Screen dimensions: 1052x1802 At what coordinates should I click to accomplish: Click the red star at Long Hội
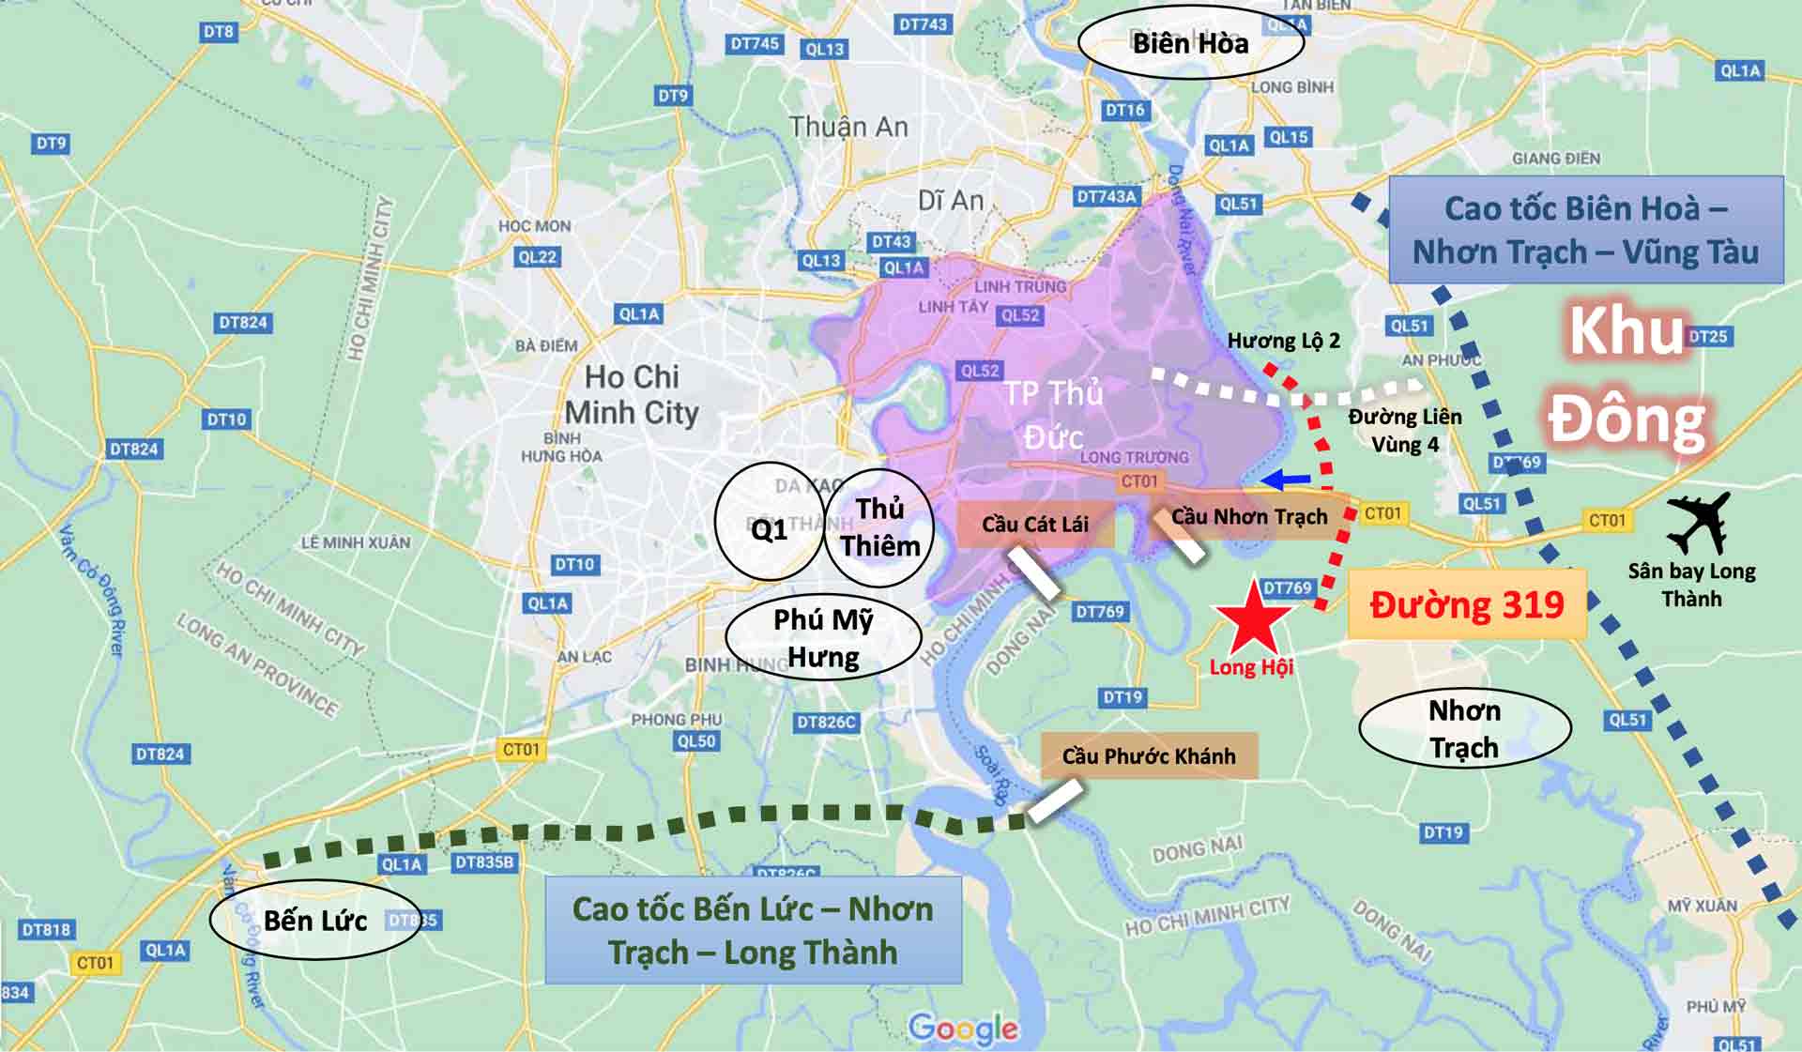click(1254, 619)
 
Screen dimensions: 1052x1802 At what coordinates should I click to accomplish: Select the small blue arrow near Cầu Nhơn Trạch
click(1285, 480)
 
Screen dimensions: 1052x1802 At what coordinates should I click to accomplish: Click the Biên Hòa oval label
click(1190, 43)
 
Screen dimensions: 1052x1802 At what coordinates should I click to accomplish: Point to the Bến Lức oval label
click(314, 920)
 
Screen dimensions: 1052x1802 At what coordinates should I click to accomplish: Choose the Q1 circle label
click(769, 529)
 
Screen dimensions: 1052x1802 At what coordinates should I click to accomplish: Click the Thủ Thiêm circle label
click(879, 527)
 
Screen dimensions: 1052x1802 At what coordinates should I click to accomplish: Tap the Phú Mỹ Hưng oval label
click(823, 638)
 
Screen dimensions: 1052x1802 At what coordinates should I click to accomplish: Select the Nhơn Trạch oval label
click(1464, 728)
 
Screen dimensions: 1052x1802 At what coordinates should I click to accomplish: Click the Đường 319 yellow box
click(1466, 604)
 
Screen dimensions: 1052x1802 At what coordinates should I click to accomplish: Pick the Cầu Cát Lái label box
click(1034, 524)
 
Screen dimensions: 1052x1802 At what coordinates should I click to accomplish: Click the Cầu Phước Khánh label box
click(1149, 755)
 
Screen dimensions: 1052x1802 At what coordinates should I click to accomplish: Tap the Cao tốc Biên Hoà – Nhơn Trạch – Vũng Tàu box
click(1585, 230)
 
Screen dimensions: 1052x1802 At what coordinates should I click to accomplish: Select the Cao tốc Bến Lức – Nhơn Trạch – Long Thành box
click(753, 930)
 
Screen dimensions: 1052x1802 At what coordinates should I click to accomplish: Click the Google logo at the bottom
click(963, 1029)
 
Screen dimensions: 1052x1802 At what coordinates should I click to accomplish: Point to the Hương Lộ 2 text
click(1283, 341)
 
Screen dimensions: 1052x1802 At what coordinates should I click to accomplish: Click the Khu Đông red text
click(1626, 375)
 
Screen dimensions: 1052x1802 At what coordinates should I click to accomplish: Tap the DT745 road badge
click(754, 43)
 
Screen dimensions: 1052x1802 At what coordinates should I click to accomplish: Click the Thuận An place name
click(848, 127)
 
